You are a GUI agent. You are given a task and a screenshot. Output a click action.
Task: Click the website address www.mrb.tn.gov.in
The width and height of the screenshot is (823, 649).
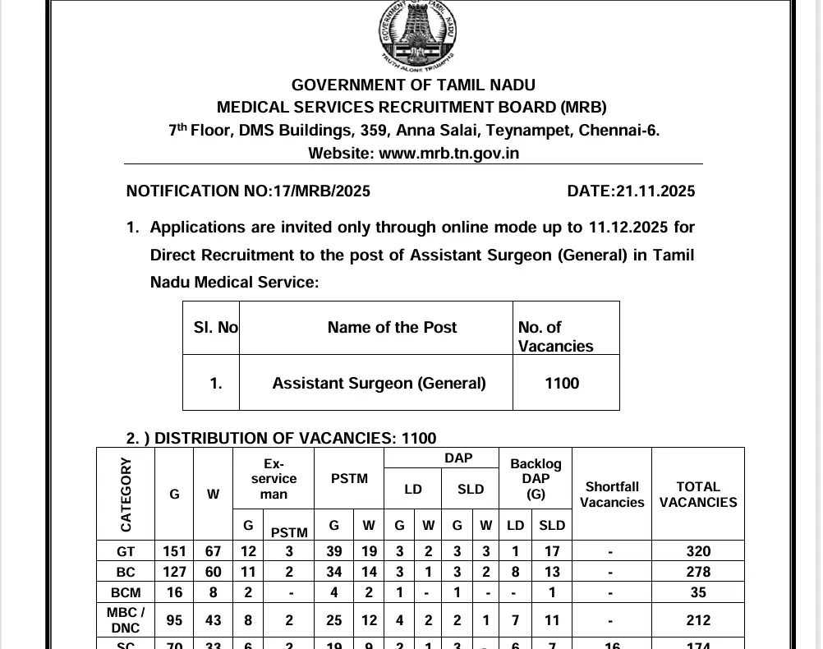(x=449, y=153)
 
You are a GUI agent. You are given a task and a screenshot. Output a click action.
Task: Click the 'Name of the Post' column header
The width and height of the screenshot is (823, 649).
(x=392, y=327)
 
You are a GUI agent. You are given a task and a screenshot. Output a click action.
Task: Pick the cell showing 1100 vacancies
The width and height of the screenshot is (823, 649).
(x=562, y=383)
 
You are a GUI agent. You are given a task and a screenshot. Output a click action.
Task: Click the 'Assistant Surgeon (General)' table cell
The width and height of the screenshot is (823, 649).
(x=379, y=383)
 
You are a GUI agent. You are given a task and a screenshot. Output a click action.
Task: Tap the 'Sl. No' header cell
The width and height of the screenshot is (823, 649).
(x=215, y=327)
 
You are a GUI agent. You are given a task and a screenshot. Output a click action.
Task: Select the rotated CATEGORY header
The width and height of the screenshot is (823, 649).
(x=126, y=494)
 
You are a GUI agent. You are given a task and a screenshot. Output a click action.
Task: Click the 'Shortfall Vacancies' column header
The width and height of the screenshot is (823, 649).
(x=611, y=494)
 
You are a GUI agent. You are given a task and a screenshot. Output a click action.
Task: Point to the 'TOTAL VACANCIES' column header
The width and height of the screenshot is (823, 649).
(x=698, y=494)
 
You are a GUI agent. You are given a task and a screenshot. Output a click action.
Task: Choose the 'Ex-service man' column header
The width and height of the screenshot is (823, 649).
(x=274, y=479)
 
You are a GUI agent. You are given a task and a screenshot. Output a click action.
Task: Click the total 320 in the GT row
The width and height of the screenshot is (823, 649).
(x=698, y=551)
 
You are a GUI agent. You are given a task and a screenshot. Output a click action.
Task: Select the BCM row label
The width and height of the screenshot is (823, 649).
(x=126, y=591)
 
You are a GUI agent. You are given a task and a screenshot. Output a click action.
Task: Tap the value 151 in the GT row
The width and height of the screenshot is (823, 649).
(x=174, y=551)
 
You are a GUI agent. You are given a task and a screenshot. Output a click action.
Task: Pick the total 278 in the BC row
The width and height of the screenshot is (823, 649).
(x=698, y=571)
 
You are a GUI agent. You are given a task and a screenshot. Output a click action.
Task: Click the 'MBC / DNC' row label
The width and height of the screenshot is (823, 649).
(x=126, y=619)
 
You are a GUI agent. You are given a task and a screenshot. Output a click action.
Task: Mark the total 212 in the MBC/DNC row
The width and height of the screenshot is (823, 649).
(x=698, y=620)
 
